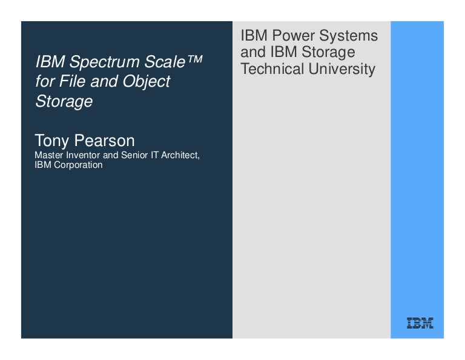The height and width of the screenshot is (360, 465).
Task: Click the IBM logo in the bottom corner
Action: tap(420, 323)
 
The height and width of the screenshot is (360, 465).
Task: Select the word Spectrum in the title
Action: tap(98, 62)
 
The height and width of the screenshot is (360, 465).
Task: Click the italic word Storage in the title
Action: tap(64, 101)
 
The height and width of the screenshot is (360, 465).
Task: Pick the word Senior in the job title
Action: tap(136, 155)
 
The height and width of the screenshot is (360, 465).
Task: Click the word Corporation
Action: tap(77, 165)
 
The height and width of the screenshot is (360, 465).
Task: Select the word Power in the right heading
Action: tap(290, 36)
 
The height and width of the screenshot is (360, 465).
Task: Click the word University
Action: tap(342, 69)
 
